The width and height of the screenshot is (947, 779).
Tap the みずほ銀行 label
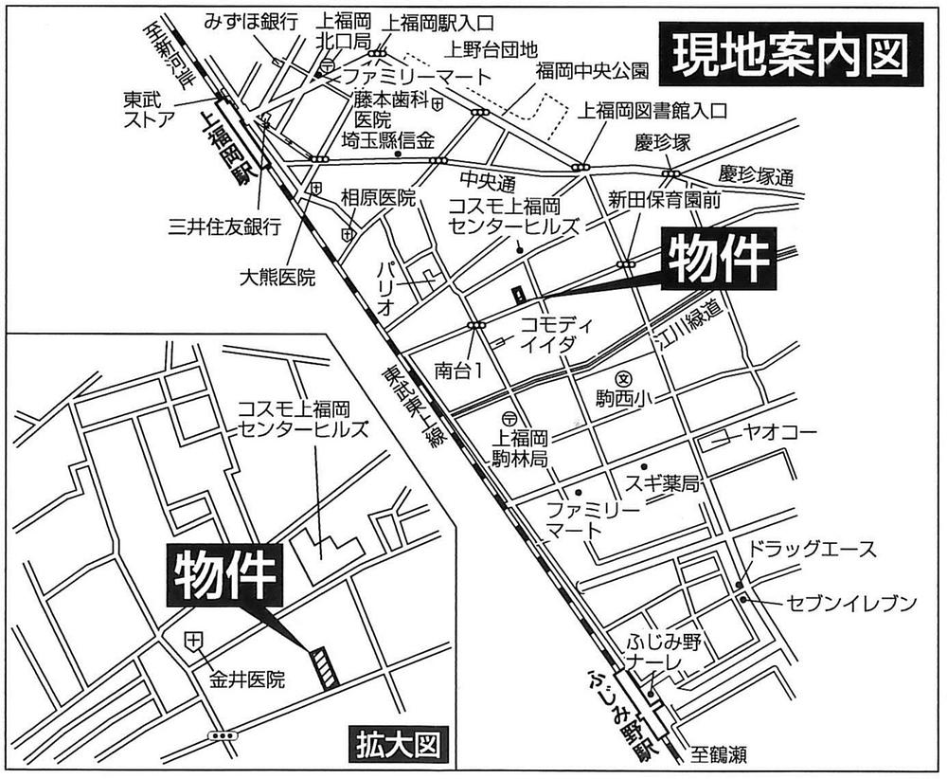click(x=252, y=20)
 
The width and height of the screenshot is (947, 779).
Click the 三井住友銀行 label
click(x=224, y=226)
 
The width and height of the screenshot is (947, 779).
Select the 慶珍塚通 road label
click(x=756, y=176)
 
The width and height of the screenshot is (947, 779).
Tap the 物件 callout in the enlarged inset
click(x=225, y=575)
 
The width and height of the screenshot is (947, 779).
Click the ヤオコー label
click(x=778, y=434)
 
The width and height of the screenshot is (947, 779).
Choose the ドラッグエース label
click(x=813, y=550)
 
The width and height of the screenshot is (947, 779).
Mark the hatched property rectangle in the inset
click(x=324, y=666)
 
